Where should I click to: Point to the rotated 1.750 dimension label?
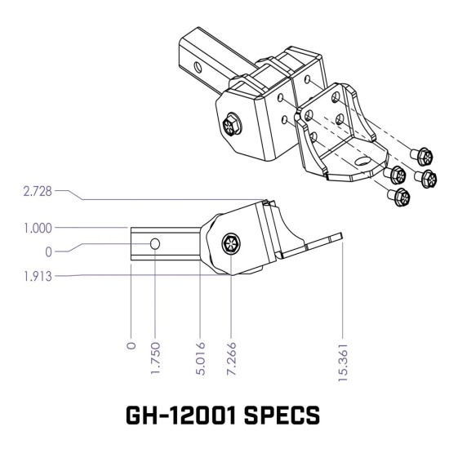pos(155,354)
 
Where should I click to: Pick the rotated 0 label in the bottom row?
pos(131,345)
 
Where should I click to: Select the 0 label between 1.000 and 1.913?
pos(48,251)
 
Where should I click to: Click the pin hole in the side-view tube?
pos(155,242)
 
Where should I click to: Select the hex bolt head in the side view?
pos(230,242)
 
